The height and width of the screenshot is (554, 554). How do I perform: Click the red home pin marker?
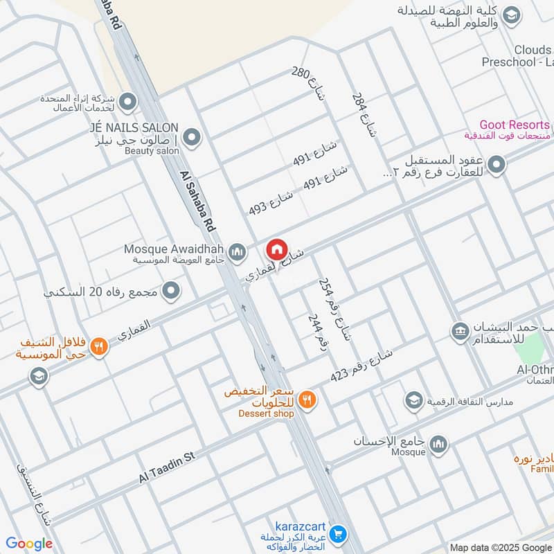(276, 249)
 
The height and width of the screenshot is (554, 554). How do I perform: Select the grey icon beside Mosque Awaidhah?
(238, 251)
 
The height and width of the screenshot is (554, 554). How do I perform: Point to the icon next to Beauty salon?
(193, 138)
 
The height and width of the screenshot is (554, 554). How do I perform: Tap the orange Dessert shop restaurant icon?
(308, 399)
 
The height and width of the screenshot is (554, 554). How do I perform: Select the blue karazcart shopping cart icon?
(338, 534)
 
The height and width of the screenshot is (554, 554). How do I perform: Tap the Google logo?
(29, 544)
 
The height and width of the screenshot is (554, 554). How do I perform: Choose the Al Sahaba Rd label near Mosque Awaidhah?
(197, 202)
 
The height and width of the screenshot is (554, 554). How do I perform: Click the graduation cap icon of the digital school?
(413, 400)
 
